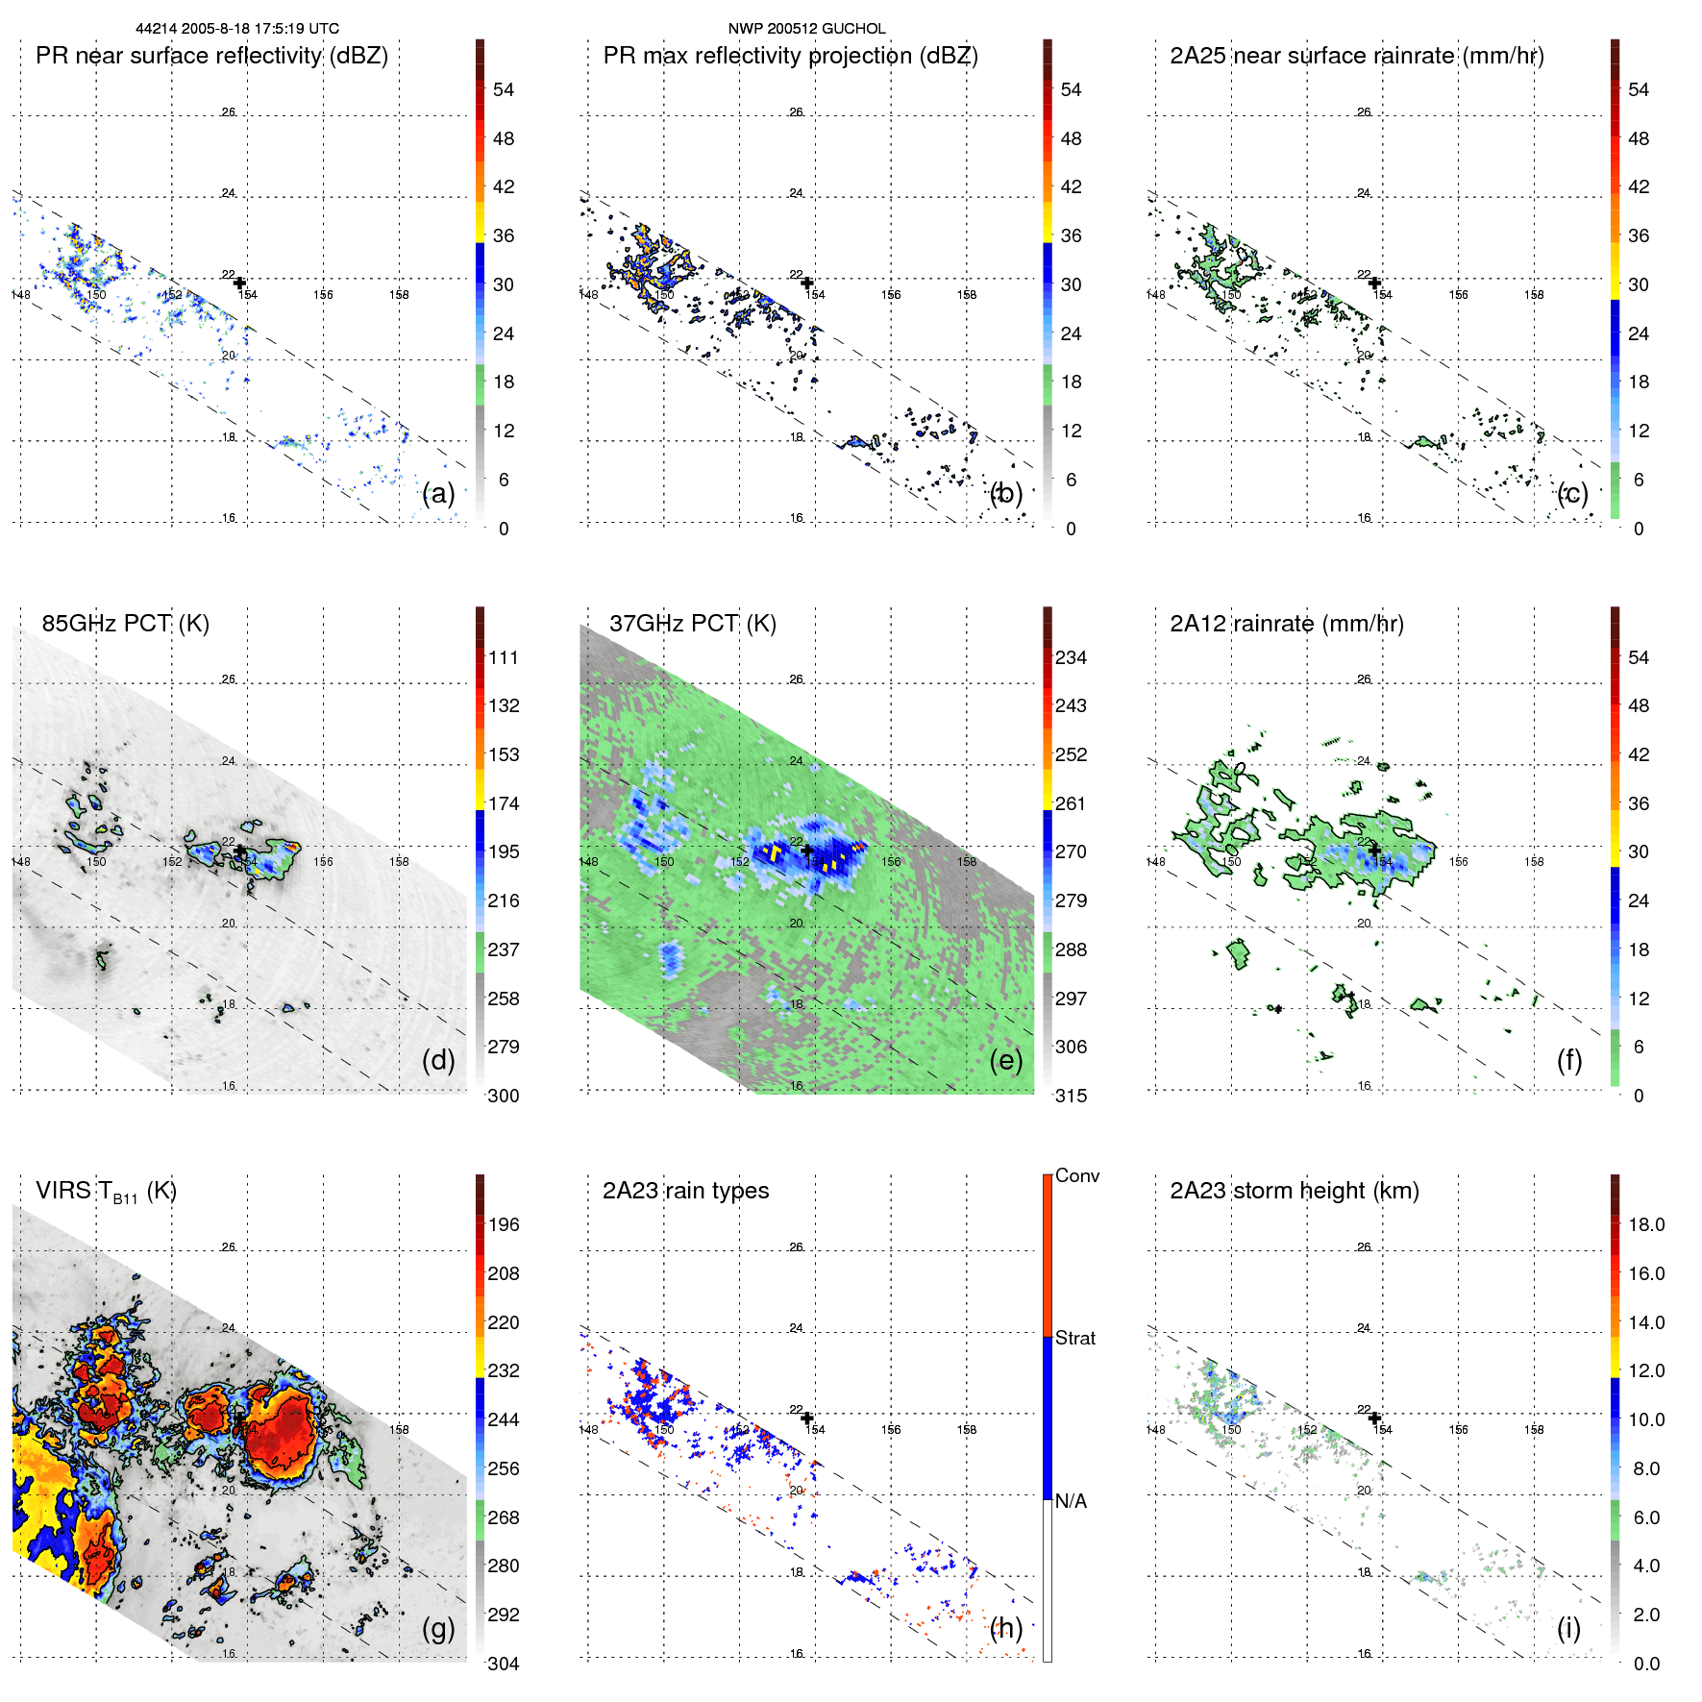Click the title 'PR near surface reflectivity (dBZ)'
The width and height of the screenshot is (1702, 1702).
pyautogui.click(x=211, y=56)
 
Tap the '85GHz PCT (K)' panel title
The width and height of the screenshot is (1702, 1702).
pyautogui.click(x=125, y=624)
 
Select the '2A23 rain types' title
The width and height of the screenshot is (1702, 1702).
pyautogui.click(x=685, y=1191)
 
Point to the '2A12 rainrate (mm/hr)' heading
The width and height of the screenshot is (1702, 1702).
pyautogui.click(x=1286, y=624)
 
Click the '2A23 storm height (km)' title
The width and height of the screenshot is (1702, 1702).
pyautogui.click(x=1294, y=1191)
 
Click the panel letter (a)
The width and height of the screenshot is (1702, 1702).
pyautogui.click(x=438, y=494)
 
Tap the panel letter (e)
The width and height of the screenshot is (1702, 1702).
pyautogui.click(x=1005, y=1061)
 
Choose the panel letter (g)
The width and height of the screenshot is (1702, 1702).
pyautogui.click(x=438, y=1628)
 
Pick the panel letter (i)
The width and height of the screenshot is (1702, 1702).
pyautogui.click(x=1568, y=1628)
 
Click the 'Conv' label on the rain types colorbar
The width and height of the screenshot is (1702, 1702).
pyautogui.click(x=1076, y=1175)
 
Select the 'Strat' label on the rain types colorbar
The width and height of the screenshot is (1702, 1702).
pyautogui.click(x=1074, y=1338)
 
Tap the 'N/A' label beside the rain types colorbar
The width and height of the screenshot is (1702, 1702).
pyautogui.click(x=1071, y=1501)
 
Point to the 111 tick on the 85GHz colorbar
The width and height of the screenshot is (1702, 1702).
pyautogui.click(x=503, y=657)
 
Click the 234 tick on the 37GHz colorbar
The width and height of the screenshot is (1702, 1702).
pyautogui.click(x=1071, y=657)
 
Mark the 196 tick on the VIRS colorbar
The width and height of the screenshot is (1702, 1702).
pyautogui.click(x=503, y=1224)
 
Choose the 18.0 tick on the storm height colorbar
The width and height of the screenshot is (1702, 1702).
pyautogui.click(x=1645, y=1224)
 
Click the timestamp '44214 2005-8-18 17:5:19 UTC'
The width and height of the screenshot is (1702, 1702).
pyautogui.click(x=237, y=29)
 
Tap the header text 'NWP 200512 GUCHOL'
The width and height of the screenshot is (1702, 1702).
pyautogui.click(x=806, y=29)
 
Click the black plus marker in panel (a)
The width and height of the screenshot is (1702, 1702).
pyautogui.click(x=239, y=283)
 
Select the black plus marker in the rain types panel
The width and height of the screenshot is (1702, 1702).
pyautogui.click(x=807, y=1418)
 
